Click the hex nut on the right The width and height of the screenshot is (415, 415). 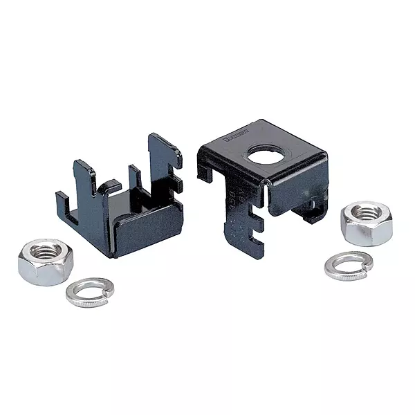[366, 221]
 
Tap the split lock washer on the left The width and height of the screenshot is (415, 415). [90, 292]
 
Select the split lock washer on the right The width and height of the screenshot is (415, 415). [348, 266]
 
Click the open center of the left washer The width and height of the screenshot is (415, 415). [90, 290]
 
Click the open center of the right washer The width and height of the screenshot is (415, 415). [348, 264]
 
